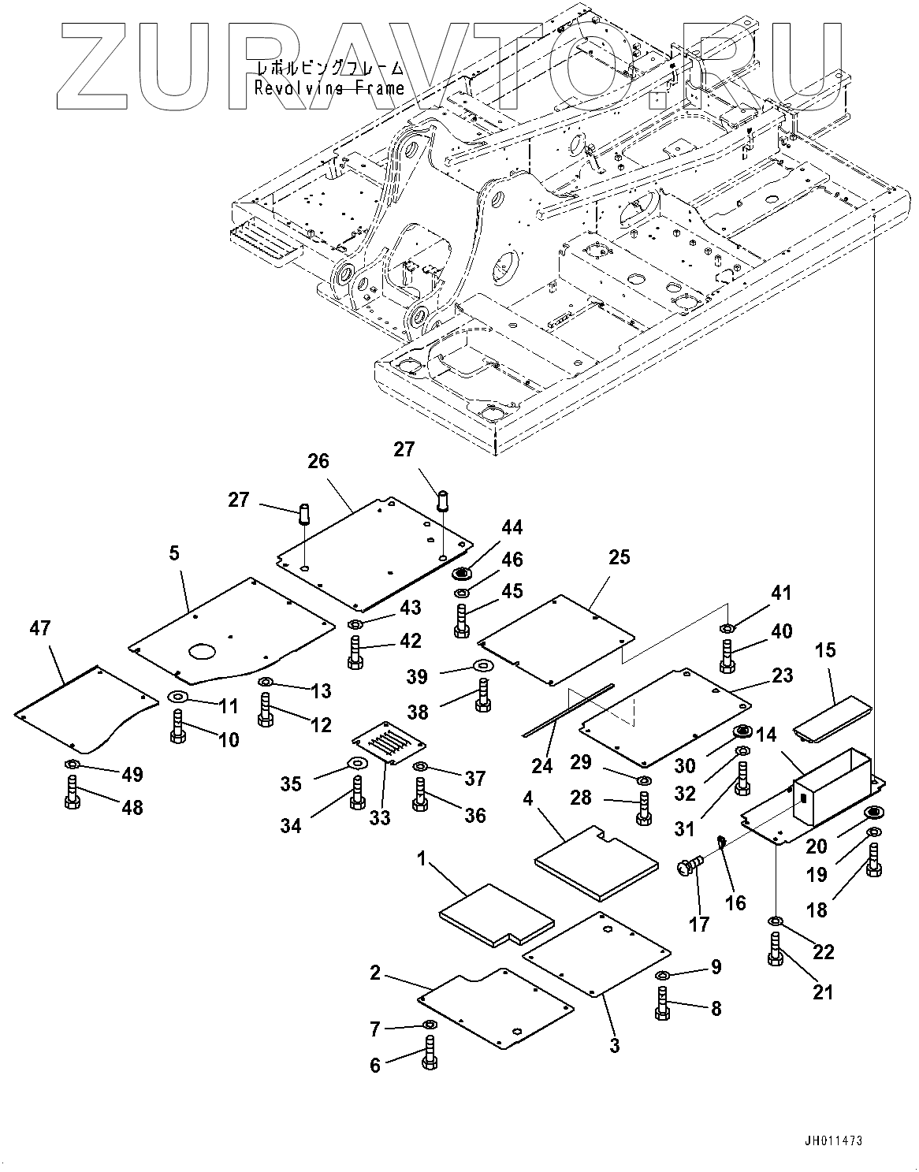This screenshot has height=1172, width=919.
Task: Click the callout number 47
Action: click(39, 629)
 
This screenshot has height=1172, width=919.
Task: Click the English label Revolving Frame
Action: click(329, 88)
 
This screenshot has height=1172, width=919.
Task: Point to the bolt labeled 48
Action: click(72, 791)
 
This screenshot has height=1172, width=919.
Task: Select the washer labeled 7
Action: click(430, 1024)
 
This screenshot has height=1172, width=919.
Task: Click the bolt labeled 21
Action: click(775, 948)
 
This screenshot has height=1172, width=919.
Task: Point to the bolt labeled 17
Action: click(689, 868)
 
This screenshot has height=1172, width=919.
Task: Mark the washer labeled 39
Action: click(483, 668)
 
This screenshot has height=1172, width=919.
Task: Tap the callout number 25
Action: click(619, 557)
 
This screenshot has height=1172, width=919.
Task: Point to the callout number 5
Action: click(173, 554)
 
